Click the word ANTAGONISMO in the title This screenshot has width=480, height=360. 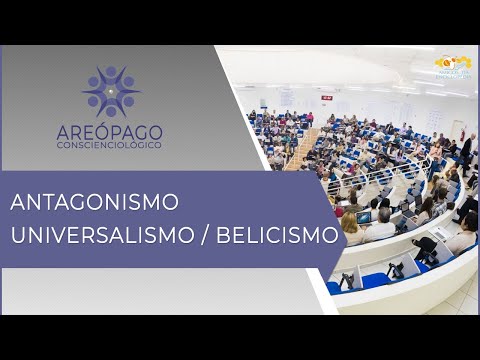tap(95, 202)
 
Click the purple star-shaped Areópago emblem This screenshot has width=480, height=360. tap(112, 91)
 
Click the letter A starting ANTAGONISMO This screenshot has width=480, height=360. tap(18, 202)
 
